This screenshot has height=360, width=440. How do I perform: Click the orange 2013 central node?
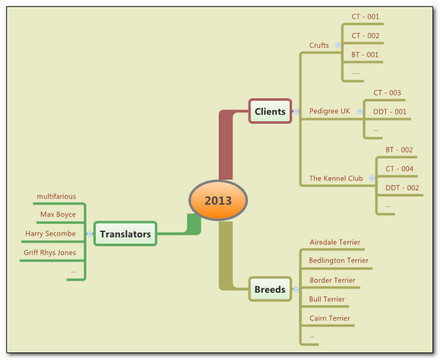[x=219, y=200]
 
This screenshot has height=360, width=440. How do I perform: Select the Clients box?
[x=270, y=111]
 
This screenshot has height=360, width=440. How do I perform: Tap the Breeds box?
[x=269, y=289]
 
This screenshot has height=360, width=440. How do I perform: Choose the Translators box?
[x=125, y=235]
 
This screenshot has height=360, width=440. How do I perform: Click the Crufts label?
[x=319, y=45]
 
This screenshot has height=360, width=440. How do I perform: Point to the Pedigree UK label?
[x=329, y=111]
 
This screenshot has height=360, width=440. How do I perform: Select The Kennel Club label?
[x=336, y=178]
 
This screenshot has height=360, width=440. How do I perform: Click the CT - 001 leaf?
[x=365, y=17]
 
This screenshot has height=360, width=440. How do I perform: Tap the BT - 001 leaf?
[x=365, y=54]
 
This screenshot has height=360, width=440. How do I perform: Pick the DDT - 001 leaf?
[x=390, y=111]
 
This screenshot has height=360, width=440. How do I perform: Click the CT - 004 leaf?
[x=400, y=169]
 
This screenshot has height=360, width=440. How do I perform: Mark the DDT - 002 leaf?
[x=402, y=188]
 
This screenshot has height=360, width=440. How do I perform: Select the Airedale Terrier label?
[x=335, y=242]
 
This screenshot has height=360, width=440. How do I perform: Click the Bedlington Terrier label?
[x=339, y=260]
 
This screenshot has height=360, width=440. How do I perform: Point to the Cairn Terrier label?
[x=330, y=318]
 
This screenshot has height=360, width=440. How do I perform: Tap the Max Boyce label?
[x=58, y=215]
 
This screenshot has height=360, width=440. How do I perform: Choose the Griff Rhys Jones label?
[x=51, y=253]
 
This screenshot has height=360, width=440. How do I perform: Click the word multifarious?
[x=56, y=196]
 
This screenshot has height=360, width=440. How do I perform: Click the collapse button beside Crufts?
[x=337, y=45]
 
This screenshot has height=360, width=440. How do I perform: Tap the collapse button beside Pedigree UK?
[x=360, y=111]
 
